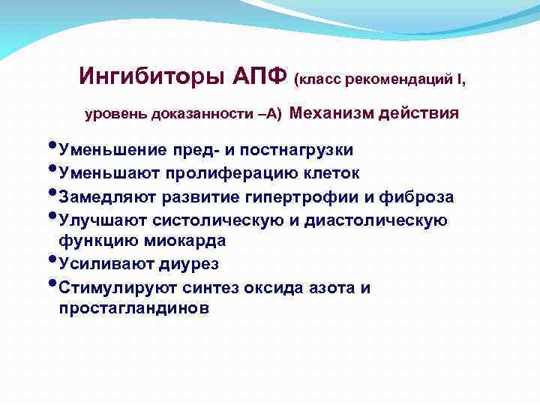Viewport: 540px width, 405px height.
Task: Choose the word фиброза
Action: click(x=419, y=196)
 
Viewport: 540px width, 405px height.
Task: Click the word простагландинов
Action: click(x=134, y=308)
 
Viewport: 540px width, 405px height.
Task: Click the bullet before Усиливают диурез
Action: click(x=52, y=260)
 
